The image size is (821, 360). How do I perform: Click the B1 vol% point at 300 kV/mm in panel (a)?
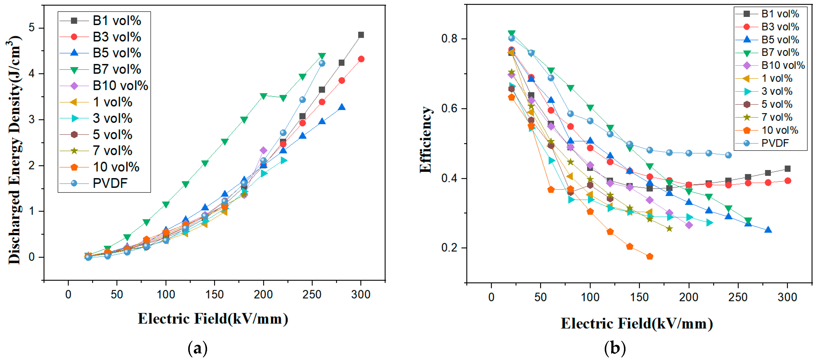click(x=361, y=35)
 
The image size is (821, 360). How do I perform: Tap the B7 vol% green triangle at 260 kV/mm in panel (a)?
click(x=322, y=56)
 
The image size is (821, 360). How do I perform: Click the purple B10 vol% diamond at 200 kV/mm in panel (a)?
click(x=263, y=150)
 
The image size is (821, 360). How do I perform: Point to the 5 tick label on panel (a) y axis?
click(x=32, y=28)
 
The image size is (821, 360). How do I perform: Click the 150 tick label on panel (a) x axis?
click(x=215, y=294)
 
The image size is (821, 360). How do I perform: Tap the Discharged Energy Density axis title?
click(x=14, y=150)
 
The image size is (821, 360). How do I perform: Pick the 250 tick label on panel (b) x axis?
click(x=738, y=297)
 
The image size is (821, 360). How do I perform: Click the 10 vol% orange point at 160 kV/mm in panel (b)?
click(x=650, y=256)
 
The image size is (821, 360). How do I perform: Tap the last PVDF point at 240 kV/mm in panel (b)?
click(x=728, y=155)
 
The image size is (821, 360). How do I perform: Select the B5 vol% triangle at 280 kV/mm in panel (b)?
click(x=768, y=230)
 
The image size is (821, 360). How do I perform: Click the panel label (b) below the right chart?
click(x=615, y=348)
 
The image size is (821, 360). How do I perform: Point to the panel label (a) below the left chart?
click(x=198, y=348)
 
